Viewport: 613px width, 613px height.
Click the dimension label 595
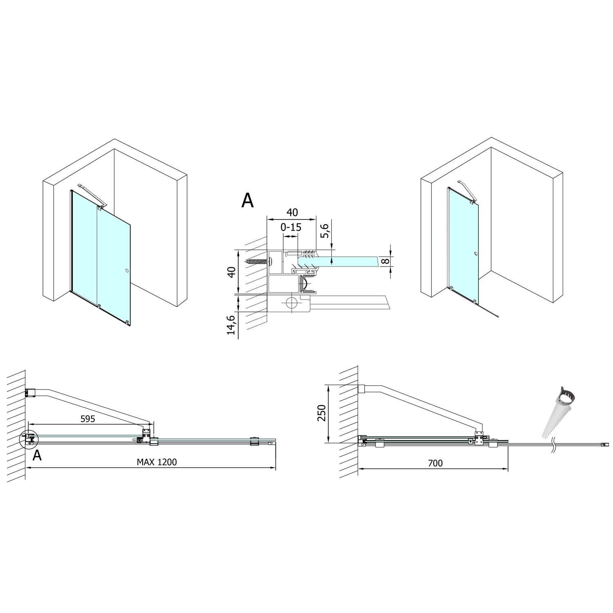click(87, 418)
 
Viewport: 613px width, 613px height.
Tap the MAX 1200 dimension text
click(157, 462)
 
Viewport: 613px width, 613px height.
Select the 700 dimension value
click(435, 463)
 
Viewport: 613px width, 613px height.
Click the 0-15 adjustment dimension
click(291, 227)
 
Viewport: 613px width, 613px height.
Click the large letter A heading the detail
click(248, 200)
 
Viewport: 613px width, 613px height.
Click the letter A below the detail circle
click(37, 455)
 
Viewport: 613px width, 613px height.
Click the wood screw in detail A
click(257, 261)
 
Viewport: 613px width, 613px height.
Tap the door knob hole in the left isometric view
click(127, 271)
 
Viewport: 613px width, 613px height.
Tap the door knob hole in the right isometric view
click(476, 254)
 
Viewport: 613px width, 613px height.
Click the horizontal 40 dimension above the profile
click(292, 213)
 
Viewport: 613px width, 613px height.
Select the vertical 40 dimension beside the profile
click(232, 272)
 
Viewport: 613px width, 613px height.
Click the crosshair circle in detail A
click(291, 303)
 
